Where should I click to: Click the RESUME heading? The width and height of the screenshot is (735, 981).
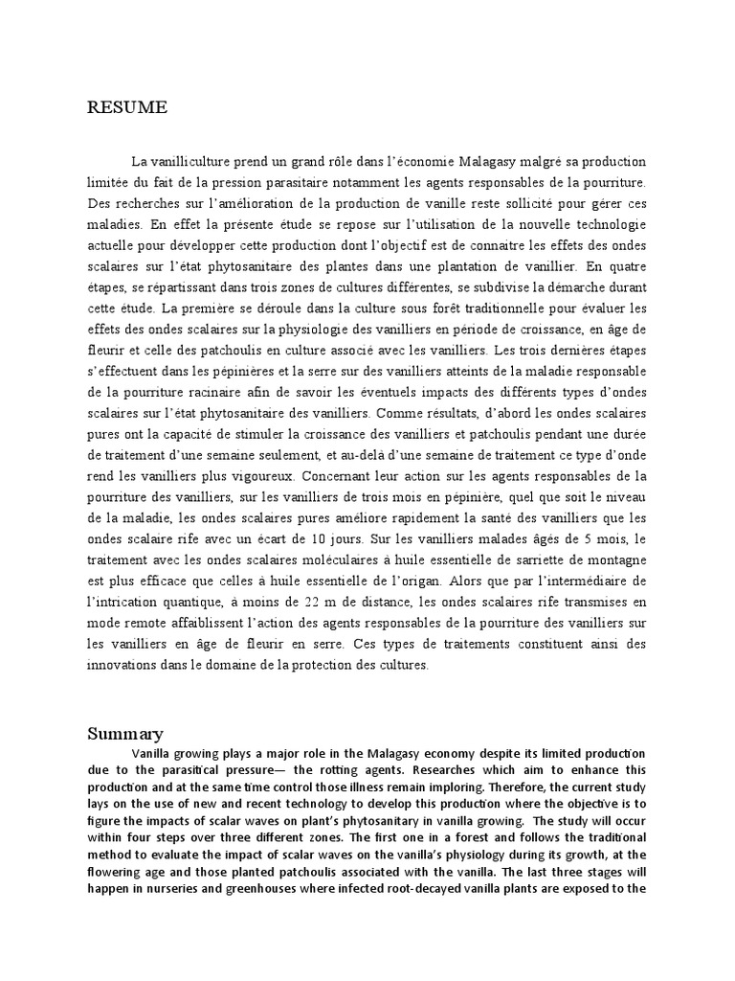(x=127, y=108)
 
